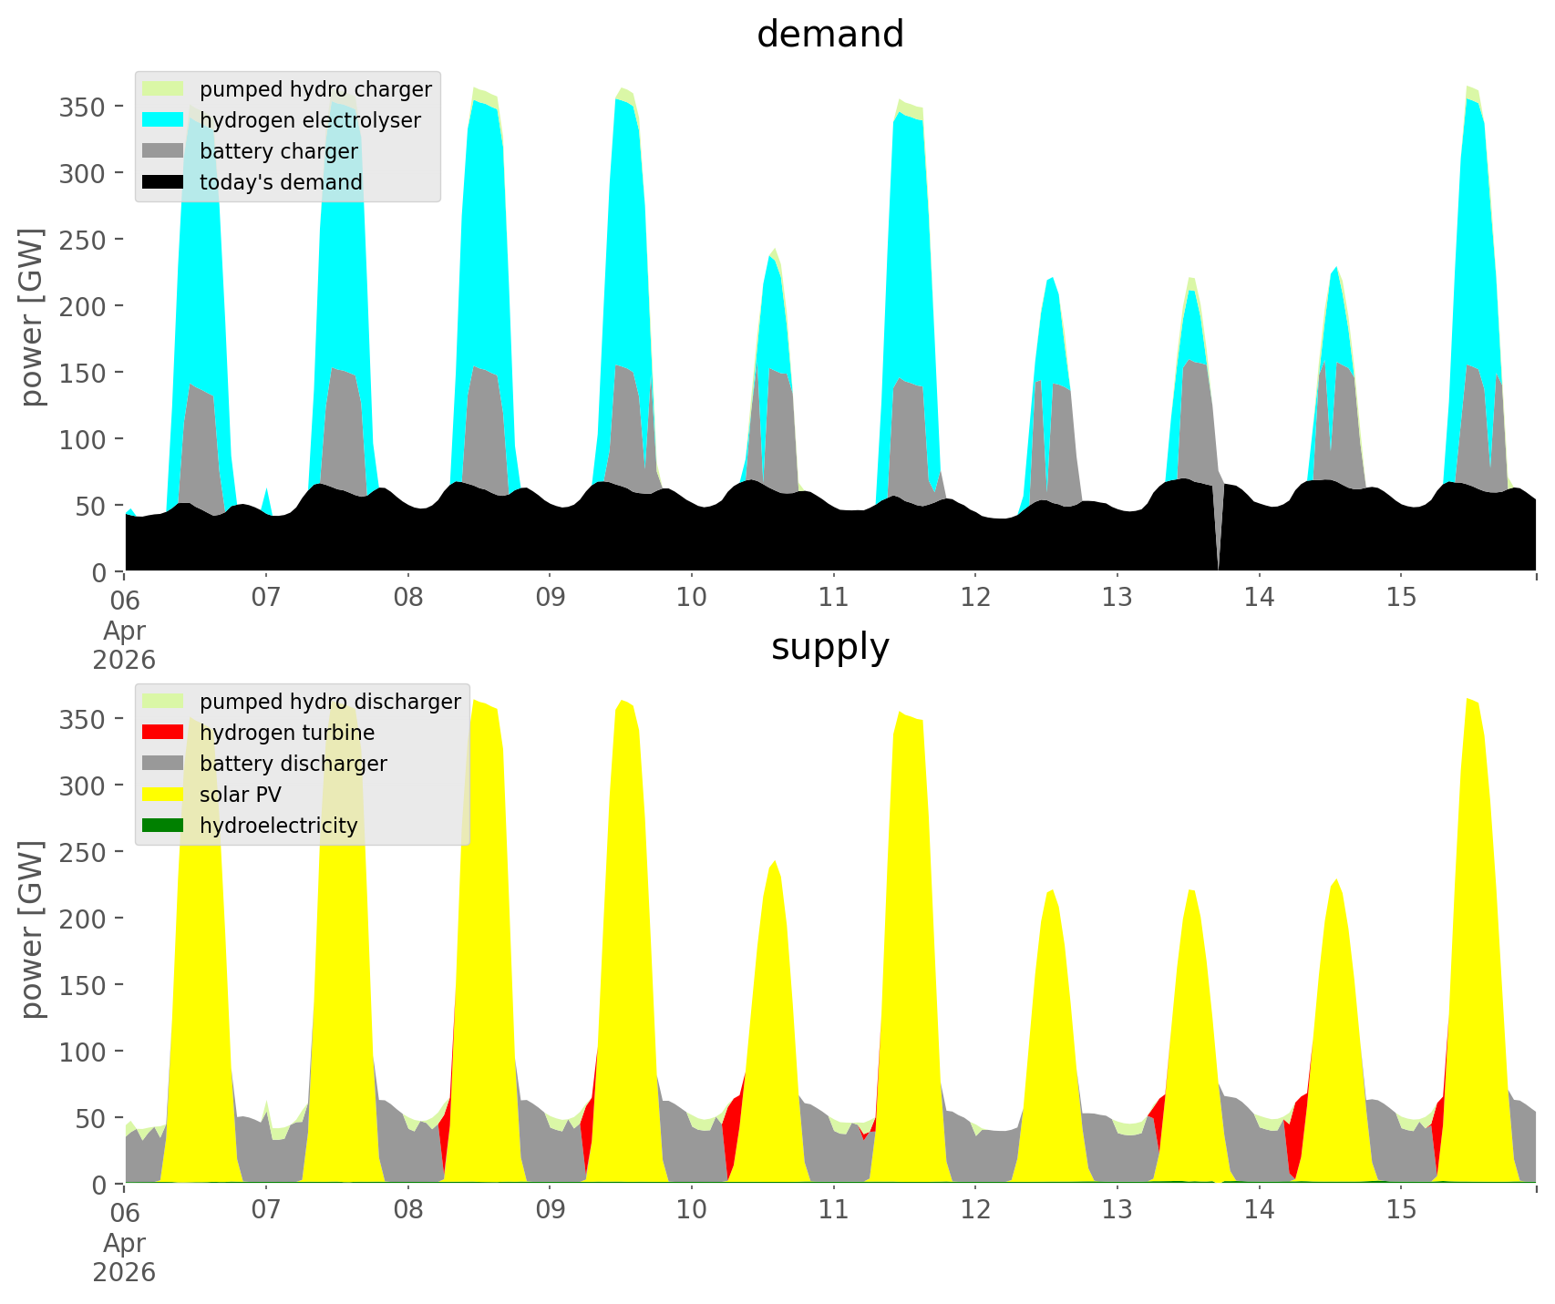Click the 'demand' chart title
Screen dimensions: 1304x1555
829,35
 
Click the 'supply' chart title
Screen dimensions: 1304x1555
829,647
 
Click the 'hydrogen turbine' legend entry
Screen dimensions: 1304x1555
286,733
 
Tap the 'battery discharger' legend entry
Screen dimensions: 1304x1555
293,764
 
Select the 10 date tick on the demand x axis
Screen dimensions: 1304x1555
692,598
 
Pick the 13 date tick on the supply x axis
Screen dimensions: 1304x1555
1117,1210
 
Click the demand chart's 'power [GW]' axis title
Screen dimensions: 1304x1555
32,317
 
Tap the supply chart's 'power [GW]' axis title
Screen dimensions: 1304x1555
32,929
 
